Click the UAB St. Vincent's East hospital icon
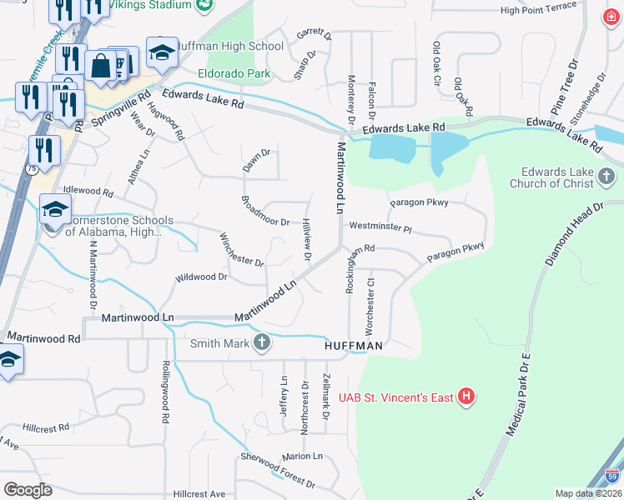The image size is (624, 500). click(x=466, y=397)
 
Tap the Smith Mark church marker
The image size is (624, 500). click(x=262, y=342)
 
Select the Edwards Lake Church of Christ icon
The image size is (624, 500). click(x=606, y=176)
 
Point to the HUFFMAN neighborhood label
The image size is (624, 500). click(x=354, y=345)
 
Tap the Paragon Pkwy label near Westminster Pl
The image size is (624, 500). click(x=419, y=202)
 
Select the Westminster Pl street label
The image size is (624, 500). click(x=380, y=226)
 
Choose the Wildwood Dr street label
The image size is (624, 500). click(x=201, y=277)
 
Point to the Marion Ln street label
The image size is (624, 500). click(x=301, y=457)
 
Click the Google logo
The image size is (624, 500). click(x=28, y=490)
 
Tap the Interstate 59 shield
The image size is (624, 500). click(x=611, y=477)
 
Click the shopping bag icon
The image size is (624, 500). click(x=100, y=66)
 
